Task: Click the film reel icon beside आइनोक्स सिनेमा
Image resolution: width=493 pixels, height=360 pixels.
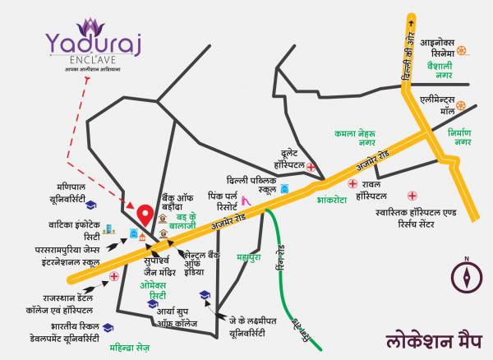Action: [463, 50]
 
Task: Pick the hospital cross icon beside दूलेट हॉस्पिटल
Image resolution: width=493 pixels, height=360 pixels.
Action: [311, 167]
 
